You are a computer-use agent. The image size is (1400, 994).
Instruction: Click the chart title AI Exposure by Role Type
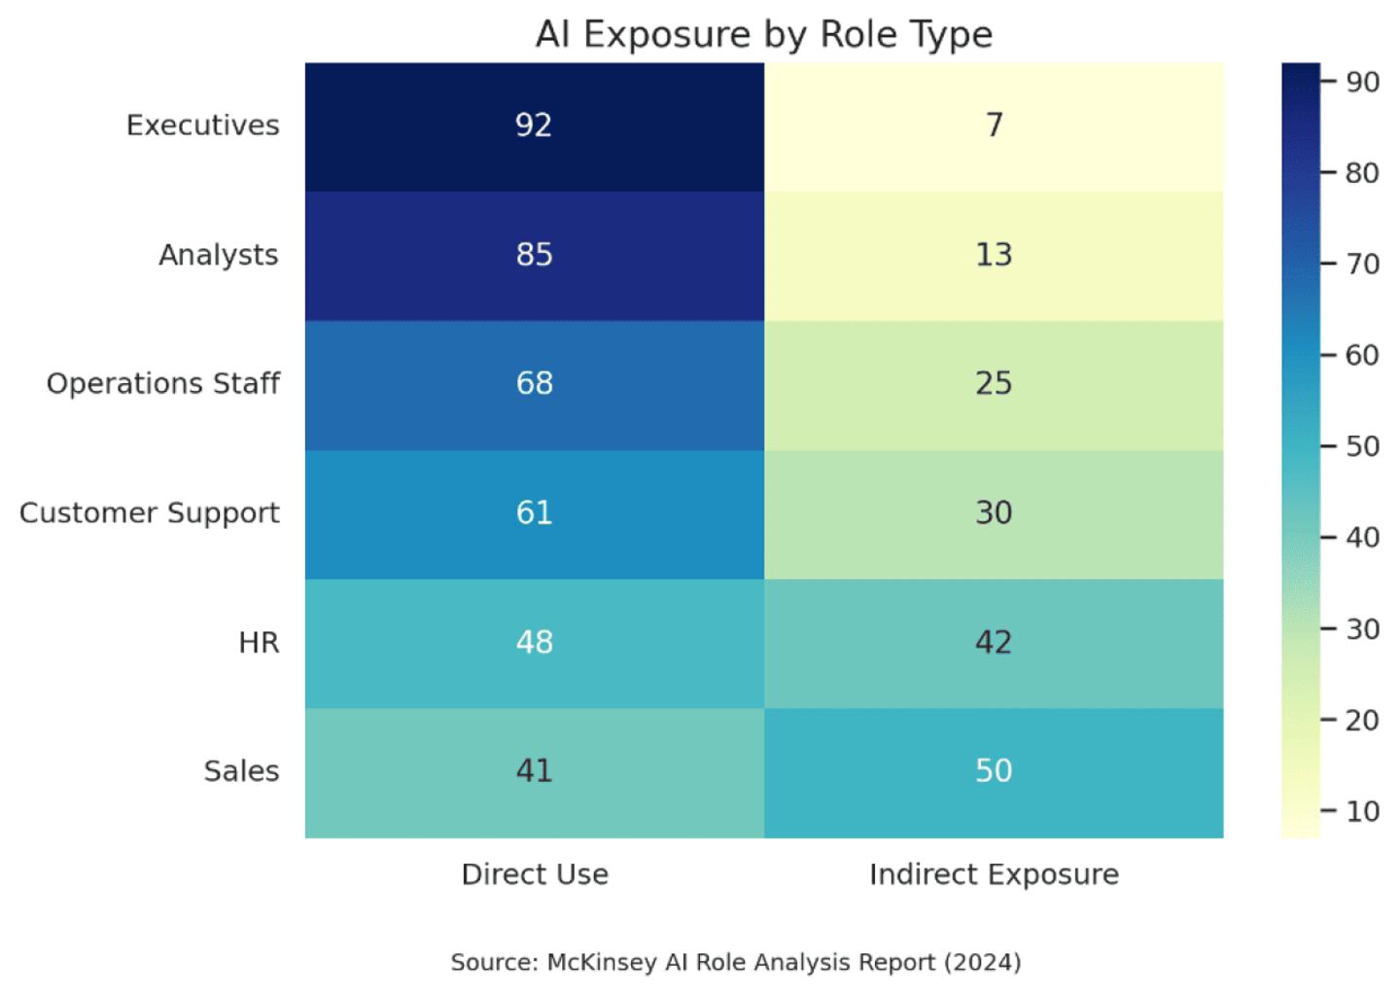[x=763, y=35]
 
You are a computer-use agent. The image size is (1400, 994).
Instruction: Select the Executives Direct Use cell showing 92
[x=534, y=125]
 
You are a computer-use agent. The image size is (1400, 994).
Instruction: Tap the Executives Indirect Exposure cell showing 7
[x=994, y=125]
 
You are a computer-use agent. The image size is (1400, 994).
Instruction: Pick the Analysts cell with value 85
[x=534, y=255]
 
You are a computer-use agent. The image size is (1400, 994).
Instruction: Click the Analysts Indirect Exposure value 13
[x=994, y=255]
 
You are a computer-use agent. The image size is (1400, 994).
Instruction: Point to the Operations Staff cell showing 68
[x=534, y=383]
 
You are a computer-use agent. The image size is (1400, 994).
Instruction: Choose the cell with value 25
[x=994, y=383]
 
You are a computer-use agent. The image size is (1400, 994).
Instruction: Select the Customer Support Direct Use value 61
[x=534, y=513]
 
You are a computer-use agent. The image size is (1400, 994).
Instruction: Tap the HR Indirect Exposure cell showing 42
[x=994, y=642]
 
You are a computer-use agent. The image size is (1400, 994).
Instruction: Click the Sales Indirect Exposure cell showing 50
[x=994, y=771]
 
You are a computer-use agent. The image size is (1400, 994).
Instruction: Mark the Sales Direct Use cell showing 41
[x=534, y=771]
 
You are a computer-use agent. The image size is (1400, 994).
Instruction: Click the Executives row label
[x=202, y=125]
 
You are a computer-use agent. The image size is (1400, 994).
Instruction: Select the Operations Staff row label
[x=162, y=383]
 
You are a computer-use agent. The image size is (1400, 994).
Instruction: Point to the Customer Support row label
[x=149, y=513]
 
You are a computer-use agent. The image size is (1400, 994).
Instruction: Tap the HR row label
[x=259, y=642]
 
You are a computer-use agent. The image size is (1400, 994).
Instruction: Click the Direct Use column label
[x=535, y=874]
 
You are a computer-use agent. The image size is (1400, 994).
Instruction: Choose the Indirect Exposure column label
[x=994, y=874]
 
